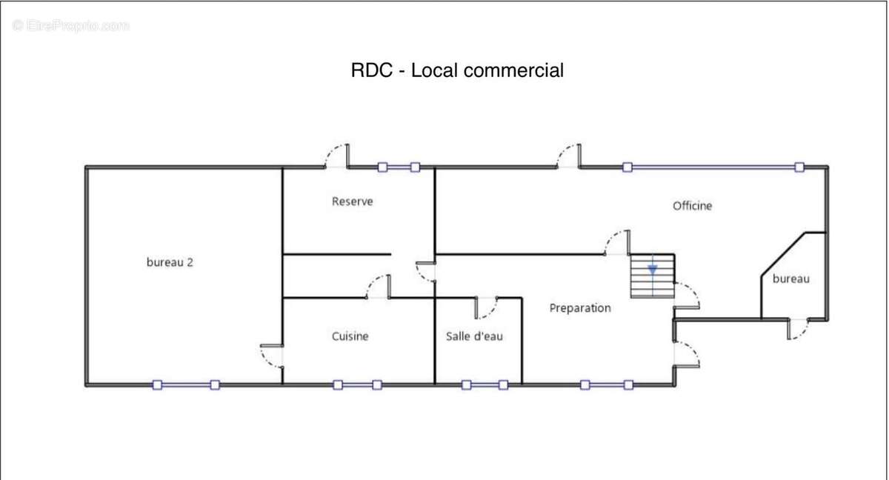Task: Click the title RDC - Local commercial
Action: (x=457, y=70)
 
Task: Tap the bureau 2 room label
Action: (x=170, y=261)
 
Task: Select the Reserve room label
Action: (x=352, y=201)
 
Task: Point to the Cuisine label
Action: (x=350, y=336)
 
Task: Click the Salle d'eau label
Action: (x=474, y=336)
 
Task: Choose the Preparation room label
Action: (x=580, y=308)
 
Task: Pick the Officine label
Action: (x=692, y=206)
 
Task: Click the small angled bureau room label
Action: (x=790, y=279)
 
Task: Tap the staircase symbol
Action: (x=653, y=276)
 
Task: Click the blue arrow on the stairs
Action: (x=653, y=270)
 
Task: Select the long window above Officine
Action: (x=713, y=167)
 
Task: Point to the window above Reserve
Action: (x=399, y=167)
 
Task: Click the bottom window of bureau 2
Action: (x=186, y=385)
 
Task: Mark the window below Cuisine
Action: (x=357, y=385)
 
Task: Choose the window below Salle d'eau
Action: (x=485, y=385)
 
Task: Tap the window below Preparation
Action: (x=607, y=385)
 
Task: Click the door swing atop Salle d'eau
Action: (x=486, y=305)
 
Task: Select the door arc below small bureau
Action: (x=798, y=329)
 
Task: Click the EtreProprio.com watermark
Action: (x=71, y=26)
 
